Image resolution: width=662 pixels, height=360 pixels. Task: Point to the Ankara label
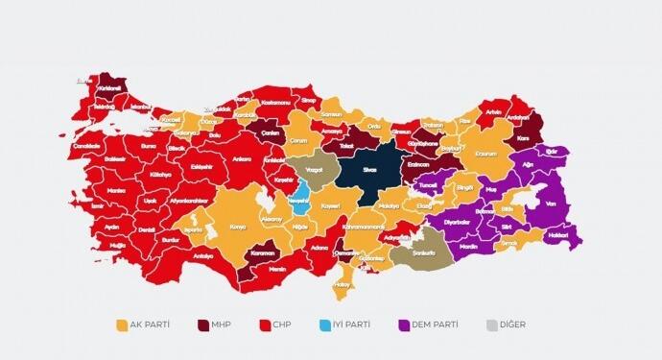[x=241, y=159]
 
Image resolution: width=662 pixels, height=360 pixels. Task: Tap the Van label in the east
[x=550, y=204]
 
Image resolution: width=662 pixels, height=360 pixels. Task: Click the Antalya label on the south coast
[x=202, y=256]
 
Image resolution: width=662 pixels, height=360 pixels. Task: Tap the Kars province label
[x=524, y=137]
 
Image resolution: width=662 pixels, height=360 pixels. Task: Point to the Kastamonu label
[x=273, y=100]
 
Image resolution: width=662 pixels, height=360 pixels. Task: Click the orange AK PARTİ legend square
[x=122, y=324]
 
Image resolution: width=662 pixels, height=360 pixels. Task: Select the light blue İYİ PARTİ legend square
[x=324, y=324]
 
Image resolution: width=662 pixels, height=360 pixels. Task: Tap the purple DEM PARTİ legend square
[x=402, y=324]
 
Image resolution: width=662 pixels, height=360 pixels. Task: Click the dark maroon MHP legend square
[x=204, y=324]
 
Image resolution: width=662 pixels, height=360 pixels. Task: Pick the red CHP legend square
[x=265, y=324]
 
